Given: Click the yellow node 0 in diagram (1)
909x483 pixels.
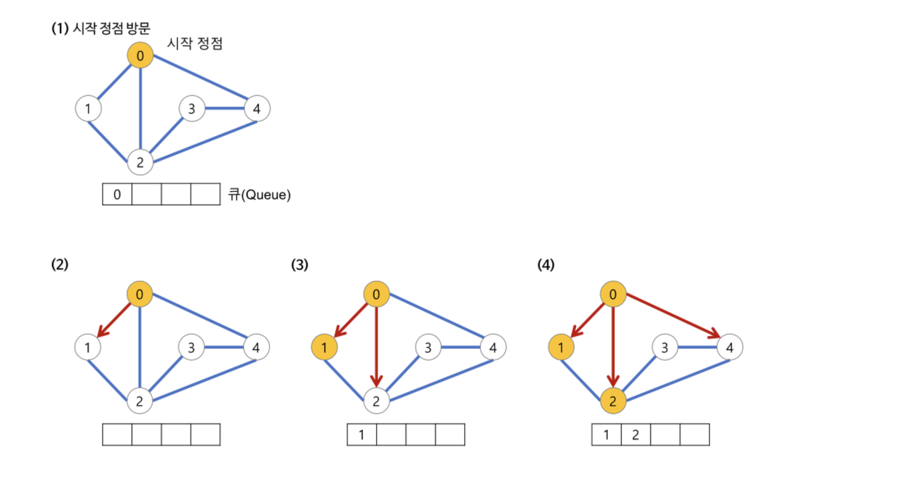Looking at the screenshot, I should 140,56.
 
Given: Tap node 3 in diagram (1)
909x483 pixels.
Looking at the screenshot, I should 192,108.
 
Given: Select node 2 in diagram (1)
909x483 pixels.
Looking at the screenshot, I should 140,162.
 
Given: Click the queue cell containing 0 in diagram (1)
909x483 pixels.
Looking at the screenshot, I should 117,194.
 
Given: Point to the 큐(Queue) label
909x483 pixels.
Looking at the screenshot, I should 259,194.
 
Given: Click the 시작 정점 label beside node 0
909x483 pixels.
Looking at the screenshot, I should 195,43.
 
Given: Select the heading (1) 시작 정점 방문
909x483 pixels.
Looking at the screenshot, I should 101,28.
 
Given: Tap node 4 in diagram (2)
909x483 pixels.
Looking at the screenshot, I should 256,347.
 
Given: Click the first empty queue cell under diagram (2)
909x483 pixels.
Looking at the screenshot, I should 117,435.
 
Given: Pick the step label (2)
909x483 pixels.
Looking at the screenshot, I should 60,264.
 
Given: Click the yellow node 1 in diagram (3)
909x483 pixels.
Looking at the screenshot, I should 324,347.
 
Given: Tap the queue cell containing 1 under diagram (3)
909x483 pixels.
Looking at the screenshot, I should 362,435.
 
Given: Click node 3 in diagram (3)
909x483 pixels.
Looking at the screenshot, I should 428,347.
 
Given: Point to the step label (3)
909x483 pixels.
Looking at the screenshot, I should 299,264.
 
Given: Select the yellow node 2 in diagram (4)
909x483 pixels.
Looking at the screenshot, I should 613,401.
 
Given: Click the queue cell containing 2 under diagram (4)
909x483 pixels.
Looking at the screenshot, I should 636,435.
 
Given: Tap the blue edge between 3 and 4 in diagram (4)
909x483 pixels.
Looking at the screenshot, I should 697,347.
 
